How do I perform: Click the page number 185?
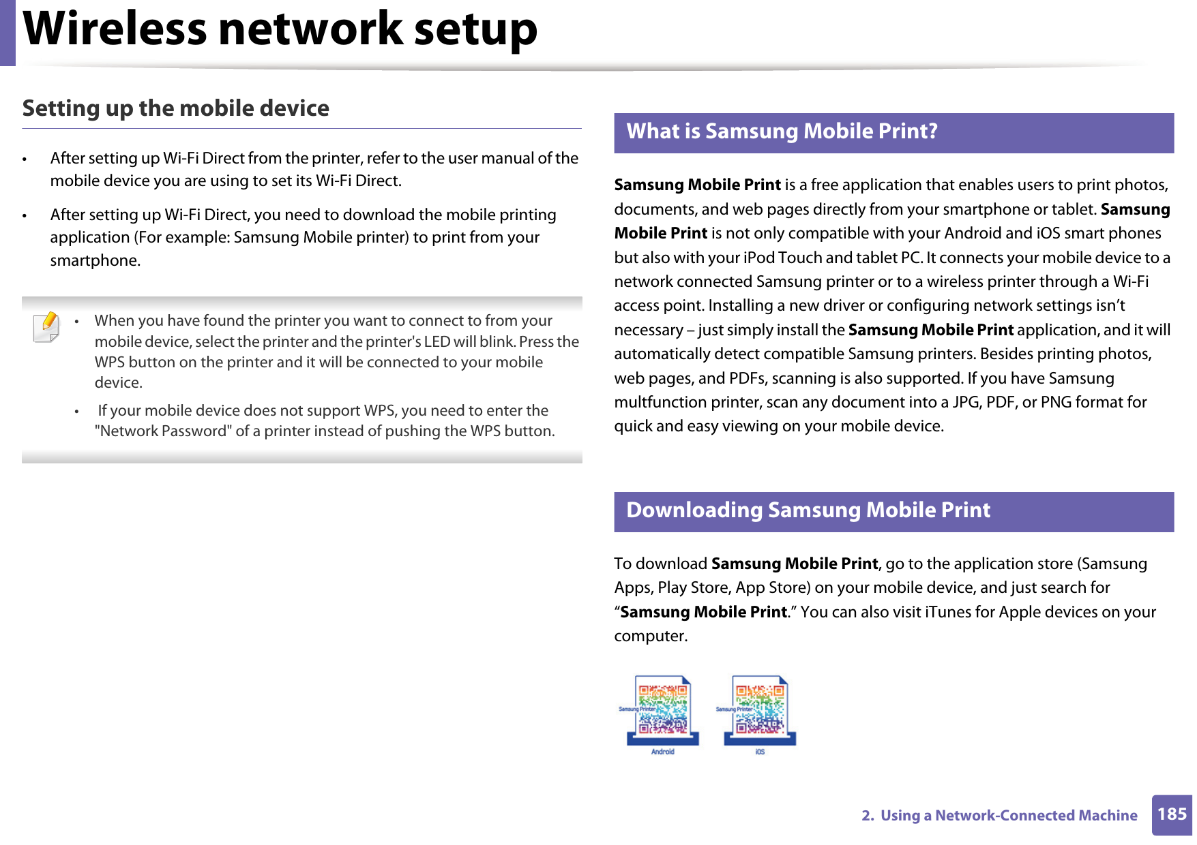pos(1172,814)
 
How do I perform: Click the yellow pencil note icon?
pos(46,326)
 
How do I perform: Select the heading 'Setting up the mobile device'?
pos(176,108)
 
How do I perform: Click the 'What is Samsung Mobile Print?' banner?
pos(893,132)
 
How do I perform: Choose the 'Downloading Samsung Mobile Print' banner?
pos(893,511)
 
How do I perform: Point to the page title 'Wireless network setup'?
pos(280,30)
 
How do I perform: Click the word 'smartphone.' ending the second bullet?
pos(95,260)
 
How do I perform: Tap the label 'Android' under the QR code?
pos(663,752)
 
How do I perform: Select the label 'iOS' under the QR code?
pos(760,752)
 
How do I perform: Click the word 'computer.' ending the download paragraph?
pos(651,636)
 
